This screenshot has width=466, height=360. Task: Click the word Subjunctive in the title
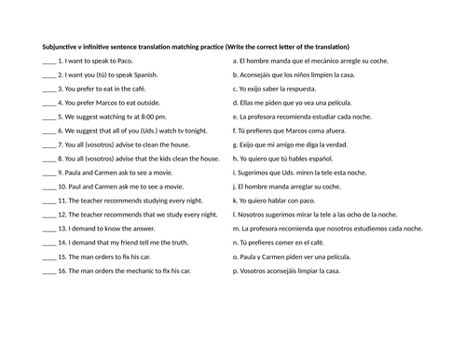64,47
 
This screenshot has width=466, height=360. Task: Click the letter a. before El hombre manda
235,61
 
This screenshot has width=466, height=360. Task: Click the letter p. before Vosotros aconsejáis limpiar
235,271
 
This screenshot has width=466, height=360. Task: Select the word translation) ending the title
329,47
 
